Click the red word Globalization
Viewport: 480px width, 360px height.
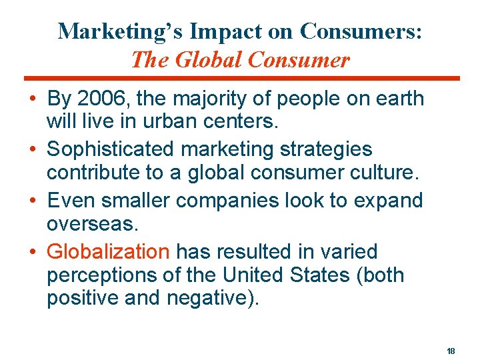coord(109,251)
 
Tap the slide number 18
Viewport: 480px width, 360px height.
coord(451,351)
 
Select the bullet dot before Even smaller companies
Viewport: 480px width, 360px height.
coord(33,201)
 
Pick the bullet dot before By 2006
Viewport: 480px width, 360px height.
coord(33,99)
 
